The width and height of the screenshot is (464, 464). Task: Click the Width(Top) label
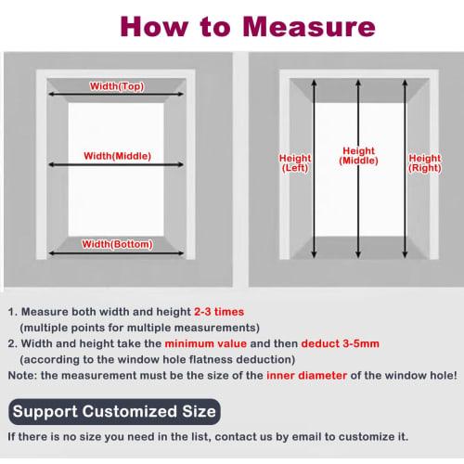point(116,86)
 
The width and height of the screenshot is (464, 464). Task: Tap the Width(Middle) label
point(117,156)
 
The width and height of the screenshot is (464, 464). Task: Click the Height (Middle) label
point(358,156)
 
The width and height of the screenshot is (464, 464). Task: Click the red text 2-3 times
point(220,314)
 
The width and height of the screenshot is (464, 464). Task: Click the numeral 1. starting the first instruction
point(12,314)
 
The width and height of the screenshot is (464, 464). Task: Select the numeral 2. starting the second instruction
point(12,343)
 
